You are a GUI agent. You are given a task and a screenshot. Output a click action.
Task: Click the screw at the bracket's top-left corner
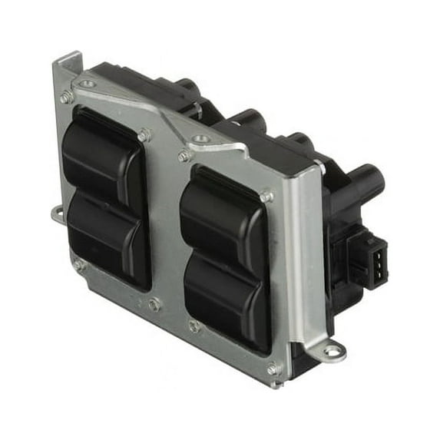click(67, 97)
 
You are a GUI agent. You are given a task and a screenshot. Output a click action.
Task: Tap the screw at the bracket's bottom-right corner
click(273, 369)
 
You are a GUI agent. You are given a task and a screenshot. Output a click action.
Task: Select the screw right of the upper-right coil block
click(266, 197)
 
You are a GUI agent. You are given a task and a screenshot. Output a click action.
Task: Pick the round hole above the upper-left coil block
click(88, 84)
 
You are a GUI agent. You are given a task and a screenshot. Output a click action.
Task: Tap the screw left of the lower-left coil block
click(78, 265)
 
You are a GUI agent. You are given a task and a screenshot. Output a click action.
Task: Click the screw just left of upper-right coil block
click(184, 155)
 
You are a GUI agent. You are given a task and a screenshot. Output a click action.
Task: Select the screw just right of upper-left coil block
click(144, 135)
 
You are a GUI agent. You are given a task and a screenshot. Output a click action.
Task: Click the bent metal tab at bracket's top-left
click(67, 63)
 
